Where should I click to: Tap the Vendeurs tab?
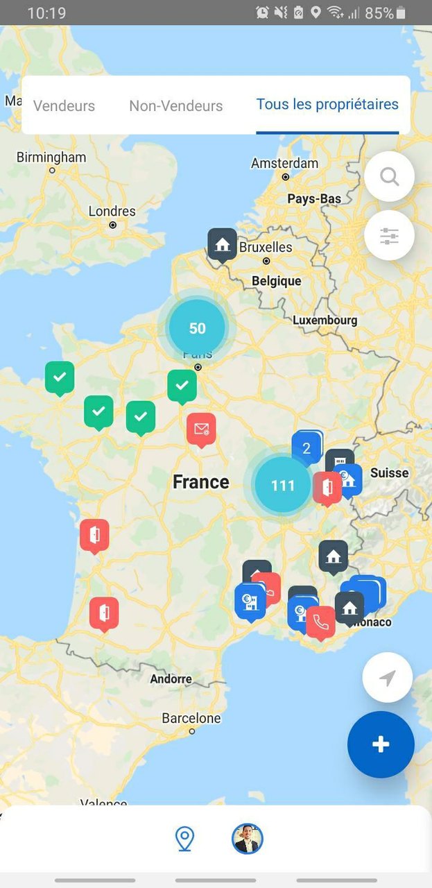(64, 106)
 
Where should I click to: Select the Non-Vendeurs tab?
(175, 106)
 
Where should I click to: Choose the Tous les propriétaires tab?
(327, 105)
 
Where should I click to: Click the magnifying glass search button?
(389, 177)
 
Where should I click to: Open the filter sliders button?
(389, 236)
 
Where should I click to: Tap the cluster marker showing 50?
(198, 328)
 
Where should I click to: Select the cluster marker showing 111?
(283, 485)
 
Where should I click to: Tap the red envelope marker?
(201, 429)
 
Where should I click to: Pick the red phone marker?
(320, 622)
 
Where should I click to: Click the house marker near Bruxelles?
(223, 244)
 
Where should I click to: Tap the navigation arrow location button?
(388, 678)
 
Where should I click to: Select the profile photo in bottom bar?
(248, 839)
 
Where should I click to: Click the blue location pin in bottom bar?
(184, 839)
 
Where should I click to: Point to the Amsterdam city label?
(284, 164)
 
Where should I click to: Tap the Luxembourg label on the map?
(325, 321)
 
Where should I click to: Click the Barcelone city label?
(191, 719)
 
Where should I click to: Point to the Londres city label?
(112, 212)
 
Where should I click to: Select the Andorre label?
(171, 679)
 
